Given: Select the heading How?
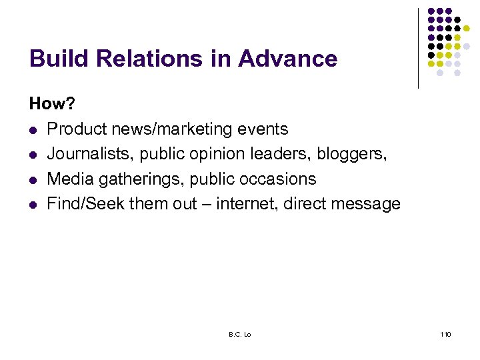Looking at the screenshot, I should (51, 104).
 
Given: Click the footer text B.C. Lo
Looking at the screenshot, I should (239, 334).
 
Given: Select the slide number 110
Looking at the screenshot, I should (445, 334).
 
